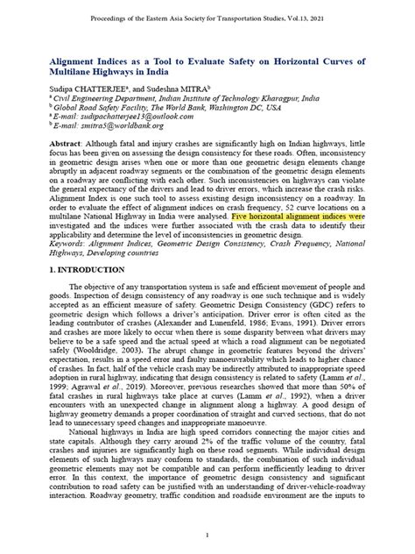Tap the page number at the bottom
coord(207,534)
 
